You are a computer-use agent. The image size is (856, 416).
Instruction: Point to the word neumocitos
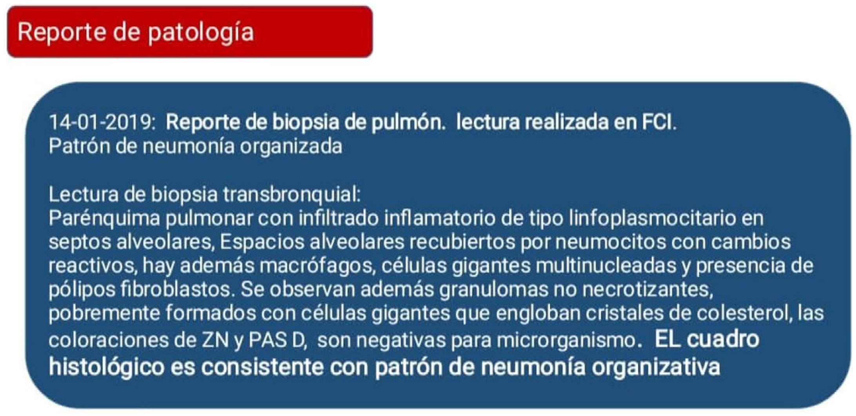(611, 242)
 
